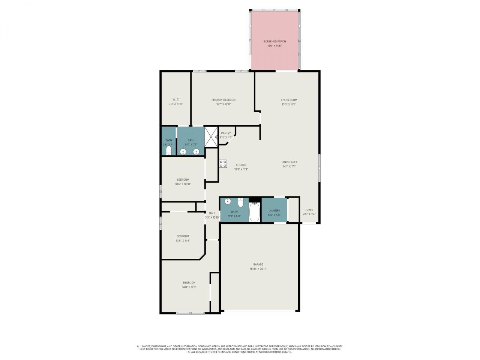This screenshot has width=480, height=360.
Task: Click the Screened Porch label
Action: tap(274, 41)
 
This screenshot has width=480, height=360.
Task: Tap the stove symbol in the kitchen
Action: tap(223, 163)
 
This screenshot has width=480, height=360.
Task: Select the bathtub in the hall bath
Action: tap(255, 212)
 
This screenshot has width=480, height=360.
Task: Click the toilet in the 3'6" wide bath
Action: tap(169, 151)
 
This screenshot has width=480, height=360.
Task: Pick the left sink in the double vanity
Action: tap(183, 151)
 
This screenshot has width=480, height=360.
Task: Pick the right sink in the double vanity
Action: tap(196, 151)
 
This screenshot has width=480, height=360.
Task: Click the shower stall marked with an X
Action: tap(211, 137)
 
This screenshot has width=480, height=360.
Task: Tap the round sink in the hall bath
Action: tap(228, 202)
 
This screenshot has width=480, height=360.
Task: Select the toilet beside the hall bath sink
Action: tap(241, 202)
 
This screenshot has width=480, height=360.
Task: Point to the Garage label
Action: tap(258, 264)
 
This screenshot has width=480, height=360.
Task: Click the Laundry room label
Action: tap(274, 211)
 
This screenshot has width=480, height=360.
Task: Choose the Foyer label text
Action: tap(309, 210)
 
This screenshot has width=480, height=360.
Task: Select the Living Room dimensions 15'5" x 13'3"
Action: tap(289, 105)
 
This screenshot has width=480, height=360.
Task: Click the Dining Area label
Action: tap(289, 162)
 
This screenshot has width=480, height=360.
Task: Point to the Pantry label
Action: tap(226, 133)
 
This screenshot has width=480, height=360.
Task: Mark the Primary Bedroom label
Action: tap(223, 100)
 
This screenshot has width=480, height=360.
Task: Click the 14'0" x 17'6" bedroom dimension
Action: tap(189, 287)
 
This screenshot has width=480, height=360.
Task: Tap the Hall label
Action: tap(212, 213)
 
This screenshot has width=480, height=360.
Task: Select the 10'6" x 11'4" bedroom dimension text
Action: tap(183, 241)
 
